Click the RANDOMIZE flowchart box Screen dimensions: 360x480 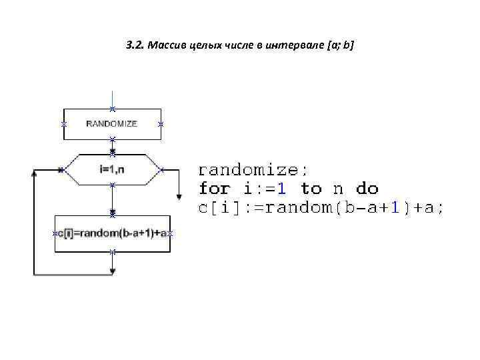point(112,124)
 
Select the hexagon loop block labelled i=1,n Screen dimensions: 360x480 point(112,170)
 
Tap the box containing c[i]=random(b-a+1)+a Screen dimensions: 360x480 point(112,233)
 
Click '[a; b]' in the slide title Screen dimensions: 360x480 point(341,46)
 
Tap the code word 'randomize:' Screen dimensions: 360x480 point(253,169)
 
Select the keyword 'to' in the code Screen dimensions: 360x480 point(311,189)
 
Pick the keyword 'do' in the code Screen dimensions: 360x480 point(367,189)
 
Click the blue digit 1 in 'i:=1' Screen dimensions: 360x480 point(282,189)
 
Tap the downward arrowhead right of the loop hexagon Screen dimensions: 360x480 point(179,197)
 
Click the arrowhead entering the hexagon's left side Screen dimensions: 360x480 point(61,170)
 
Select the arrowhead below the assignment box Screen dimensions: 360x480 point(113,271)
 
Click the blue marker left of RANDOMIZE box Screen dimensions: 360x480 point(64,125)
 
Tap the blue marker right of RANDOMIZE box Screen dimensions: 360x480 point(161,125)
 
